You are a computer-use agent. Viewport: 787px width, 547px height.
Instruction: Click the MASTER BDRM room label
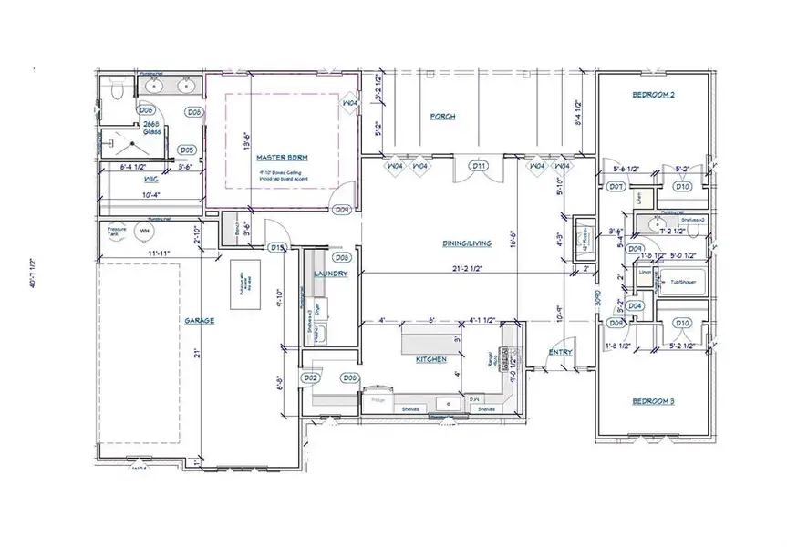point(279,157)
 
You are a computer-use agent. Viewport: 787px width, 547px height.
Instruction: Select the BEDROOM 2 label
point(654,95)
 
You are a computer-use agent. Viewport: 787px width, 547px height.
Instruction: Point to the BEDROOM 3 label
point(653,401)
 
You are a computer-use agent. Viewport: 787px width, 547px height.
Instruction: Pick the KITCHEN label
point(431,360)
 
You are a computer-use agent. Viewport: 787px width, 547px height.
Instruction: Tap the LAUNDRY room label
point(330,273)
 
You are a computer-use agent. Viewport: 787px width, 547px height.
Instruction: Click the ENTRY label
point(560,352)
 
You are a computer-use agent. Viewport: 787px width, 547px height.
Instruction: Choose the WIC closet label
point(127,179)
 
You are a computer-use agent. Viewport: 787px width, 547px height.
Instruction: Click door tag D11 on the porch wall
point(479,166)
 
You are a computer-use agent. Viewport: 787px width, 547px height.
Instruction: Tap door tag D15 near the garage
point(278,247)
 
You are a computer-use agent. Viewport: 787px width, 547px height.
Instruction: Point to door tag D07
point(616,187)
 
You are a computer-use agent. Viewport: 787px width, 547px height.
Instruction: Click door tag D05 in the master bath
point(186,150)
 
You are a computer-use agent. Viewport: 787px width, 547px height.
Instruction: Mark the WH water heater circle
point(141,231)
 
